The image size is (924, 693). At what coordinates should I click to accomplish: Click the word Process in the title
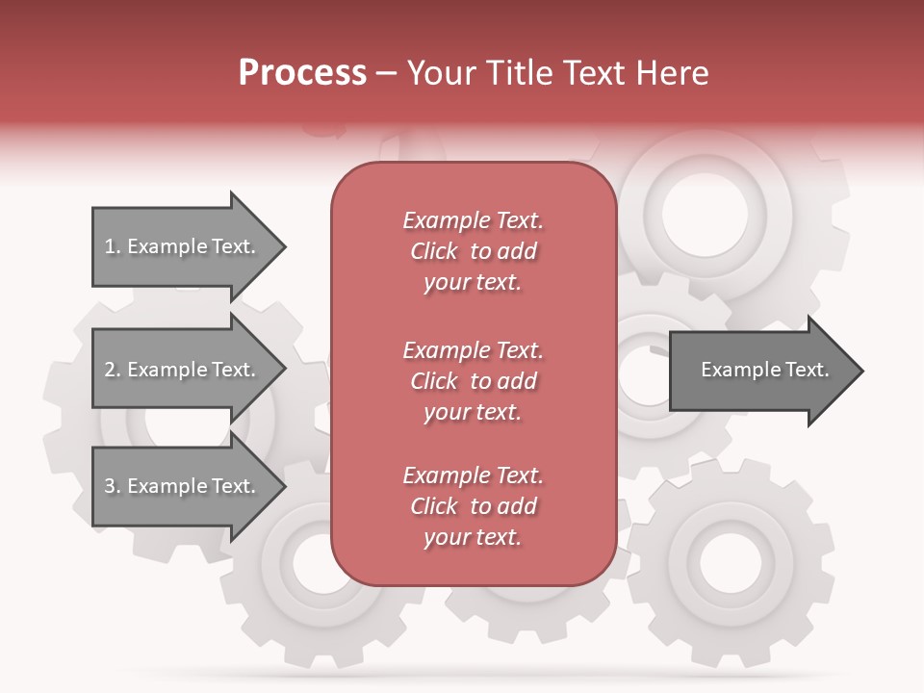(302, 73)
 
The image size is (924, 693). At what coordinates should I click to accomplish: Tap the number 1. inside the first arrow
(113, 246)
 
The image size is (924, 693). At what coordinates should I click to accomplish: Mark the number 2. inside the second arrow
(113, 370)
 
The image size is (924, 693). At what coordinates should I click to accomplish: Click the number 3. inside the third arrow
(113, 486)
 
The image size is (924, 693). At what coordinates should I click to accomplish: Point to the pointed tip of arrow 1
(283, 247)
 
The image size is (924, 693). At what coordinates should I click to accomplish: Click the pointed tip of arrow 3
(283, 486)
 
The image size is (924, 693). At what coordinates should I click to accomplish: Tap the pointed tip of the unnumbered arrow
(860, 371)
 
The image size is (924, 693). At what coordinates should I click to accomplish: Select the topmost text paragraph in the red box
(473, 251)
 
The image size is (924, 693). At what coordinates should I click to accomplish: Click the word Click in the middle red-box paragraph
(434, 381)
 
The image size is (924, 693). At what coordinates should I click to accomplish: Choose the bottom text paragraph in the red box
(473, 506)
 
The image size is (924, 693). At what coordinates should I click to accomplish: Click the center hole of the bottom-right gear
(731, 561)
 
